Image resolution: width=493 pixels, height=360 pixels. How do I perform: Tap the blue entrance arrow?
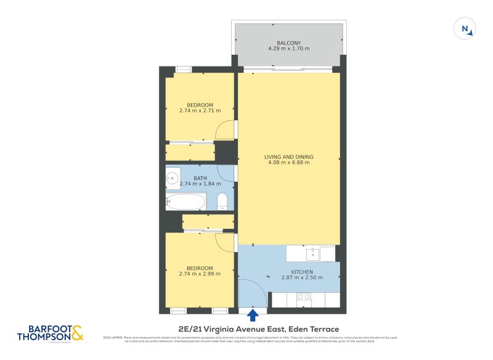[253, 316]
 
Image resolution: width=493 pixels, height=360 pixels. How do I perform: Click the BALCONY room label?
[288, 43]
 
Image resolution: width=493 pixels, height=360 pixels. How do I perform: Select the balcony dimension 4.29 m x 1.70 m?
[288, 49]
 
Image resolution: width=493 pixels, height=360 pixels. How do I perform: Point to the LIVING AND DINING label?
[288, 157]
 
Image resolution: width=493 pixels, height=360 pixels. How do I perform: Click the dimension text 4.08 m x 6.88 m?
[288, 163]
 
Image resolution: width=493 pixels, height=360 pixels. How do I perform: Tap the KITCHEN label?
[302, 272]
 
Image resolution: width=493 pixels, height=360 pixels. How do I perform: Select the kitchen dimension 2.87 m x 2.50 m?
[302, 278]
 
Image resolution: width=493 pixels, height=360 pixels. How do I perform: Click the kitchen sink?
[312, 253]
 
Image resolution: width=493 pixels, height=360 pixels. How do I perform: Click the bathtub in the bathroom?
[185, 202]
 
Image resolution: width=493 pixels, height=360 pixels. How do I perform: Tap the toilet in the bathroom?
[222, 200]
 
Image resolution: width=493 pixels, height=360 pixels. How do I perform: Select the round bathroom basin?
[173, 179]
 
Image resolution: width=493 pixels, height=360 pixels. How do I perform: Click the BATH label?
[200, 178]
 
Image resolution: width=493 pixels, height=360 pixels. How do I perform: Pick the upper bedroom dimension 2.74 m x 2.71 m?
[200, 111]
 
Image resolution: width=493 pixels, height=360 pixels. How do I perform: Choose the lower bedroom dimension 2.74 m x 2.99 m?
[200, 274]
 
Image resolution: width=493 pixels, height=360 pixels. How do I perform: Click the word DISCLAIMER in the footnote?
[113, 338]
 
